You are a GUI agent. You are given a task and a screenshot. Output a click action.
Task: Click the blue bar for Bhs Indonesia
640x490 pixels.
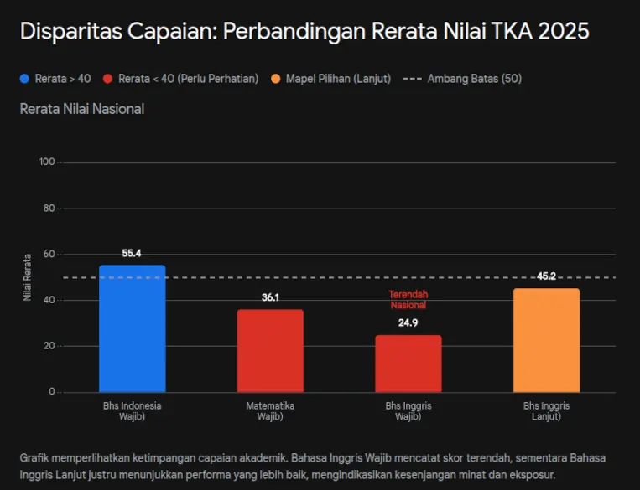pos(132,328)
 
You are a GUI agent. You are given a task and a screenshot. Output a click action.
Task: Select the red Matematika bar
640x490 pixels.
pos(270,350)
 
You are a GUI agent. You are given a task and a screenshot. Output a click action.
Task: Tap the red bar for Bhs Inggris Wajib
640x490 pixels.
pos(408,364)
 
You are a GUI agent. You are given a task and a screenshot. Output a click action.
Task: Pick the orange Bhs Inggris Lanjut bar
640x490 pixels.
pos(546,340)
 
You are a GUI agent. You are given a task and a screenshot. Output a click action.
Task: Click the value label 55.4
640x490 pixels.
pos(132,253)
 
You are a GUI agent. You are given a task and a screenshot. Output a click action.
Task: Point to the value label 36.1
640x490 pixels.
pos(270,297)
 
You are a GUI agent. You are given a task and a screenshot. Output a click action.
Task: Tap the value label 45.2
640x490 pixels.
pos(546,276)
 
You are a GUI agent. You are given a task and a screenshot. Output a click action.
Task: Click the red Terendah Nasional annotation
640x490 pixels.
pos(408,300)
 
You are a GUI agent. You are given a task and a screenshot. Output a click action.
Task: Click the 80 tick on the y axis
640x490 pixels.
pos(48,209)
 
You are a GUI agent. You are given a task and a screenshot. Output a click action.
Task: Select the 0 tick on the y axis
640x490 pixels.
pos(51,392)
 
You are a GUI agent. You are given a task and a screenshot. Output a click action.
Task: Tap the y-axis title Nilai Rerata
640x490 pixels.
pos(28,276)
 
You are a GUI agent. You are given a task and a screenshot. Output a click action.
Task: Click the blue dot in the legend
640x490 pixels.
pos(24,79)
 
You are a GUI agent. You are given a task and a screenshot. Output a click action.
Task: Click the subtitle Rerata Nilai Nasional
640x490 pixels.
pos(81,109)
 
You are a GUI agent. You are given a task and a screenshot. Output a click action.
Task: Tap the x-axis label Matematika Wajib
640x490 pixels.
pos(270,410)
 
